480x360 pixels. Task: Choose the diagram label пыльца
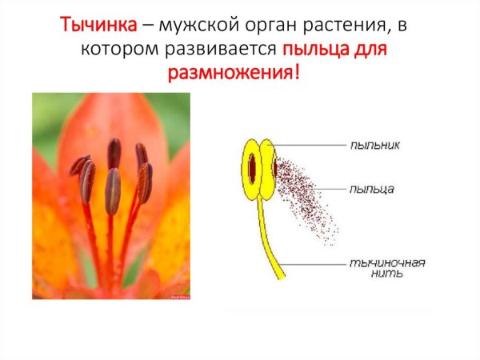[371, 190]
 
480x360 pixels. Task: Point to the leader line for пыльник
[312, 145]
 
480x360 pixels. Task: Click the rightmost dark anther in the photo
[145, 182]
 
